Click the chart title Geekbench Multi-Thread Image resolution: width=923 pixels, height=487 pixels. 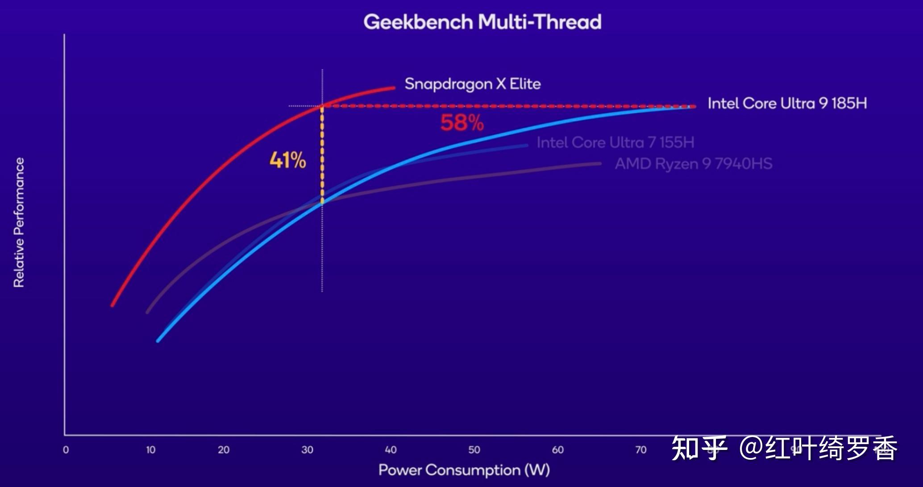(482, 22)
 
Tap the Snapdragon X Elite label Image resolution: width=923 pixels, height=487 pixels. (473, 84)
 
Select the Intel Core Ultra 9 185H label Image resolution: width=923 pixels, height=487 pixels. (787, 104)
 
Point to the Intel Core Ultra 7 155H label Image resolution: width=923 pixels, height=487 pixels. (615, 143)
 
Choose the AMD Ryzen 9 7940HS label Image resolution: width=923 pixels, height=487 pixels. (694, 164)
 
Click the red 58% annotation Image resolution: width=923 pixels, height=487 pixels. (462, 123)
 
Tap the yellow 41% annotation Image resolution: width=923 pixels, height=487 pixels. (288, 160)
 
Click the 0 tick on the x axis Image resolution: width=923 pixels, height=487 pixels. (66, 450)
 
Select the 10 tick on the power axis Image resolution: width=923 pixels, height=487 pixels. (151, 450)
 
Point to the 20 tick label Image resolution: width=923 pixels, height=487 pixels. (224, 450)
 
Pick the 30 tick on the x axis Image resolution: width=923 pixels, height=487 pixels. (307, 450)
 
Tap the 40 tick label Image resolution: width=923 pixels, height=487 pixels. (391, 450)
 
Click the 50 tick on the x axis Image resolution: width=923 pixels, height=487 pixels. (474, 450)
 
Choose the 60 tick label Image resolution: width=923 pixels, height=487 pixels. (557, 450)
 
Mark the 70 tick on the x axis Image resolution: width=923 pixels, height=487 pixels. (641, 450)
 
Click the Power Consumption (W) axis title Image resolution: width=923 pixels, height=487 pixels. (464, 470)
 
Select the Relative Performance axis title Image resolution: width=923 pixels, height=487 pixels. (19, 223)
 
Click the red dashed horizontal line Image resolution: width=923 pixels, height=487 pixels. (509, 106)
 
